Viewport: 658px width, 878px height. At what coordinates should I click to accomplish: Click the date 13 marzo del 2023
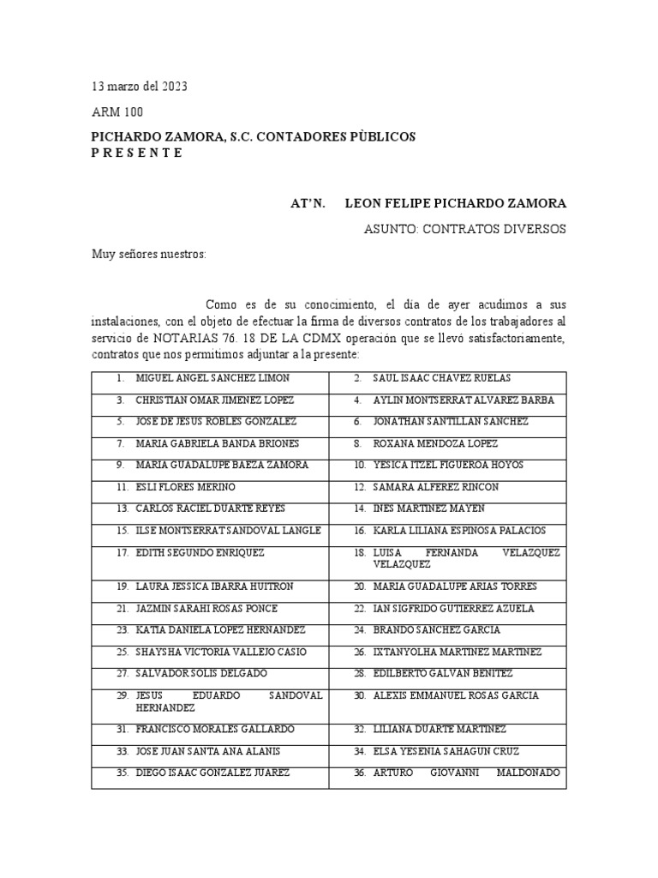pos(140,87)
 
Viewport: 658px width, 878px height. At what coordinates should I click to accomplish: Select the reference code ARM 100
pos(117,112)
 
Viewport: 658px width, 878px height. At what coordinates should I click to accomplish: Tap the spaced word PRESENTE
pos(137,153)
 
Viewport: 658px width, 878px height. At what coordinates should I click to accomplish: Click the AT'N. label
pos(308,203)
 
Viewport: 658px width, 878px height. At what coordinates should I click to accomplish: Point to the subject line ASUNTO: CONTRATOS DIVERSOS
pos(465,229)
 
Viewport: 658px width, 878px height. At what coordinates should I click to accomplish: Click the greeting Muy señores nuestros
pos(149,255)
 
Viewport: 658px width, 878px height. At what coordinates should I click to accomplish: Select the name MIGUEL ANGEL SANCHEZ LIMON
pos(212,378)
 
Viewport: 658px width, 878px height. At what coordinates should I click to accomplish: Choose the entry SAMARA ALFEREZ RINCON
pos(436,487)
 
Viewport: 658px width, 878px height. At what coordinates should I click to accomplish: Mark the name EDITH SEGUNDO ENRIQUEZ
pos(200,553)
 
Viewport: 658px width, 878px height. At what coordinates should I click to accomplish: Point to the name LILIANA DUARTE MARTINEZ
pos(440,729)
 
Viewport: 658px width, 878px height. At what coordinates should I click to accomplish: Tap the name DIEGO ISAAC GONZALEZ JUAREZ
pos(212,773)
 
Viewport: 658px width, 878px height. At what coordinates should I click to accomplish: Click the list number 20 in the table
pos(360,586)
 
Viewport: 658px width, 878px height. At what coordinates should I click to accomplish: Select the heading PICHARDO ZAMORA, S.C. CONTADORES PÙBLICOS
pos(253,137)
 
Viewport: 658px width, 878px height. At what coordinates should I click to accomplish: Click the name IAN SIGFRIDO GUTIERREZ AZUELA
pos(453,608)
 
